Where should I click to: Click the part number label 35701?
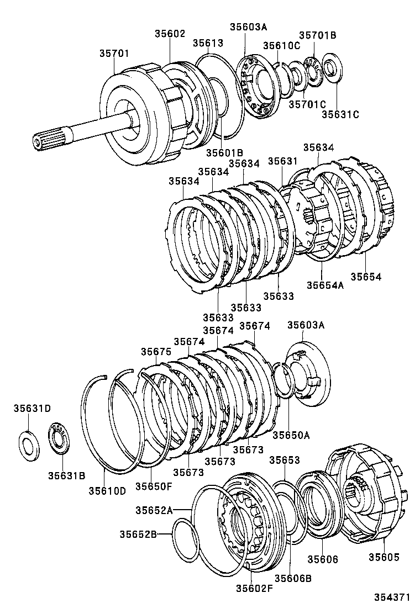(114, 54)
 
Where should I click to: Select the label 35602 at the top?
(170, 34)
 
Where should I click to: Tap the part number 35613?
(208, 43)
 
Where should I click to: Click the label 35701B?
(318, 35)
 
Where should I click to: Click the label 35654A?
(326, 285)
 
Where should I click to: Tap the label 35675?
(155, 352)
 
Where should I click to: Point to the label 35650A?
(291, 435)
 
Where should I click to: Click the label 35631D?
(32, 409)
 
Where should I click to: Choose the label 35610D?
(107, 490)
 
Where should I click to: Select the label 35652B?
(138, 534)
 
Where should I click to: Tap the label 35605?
(384, 558)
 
